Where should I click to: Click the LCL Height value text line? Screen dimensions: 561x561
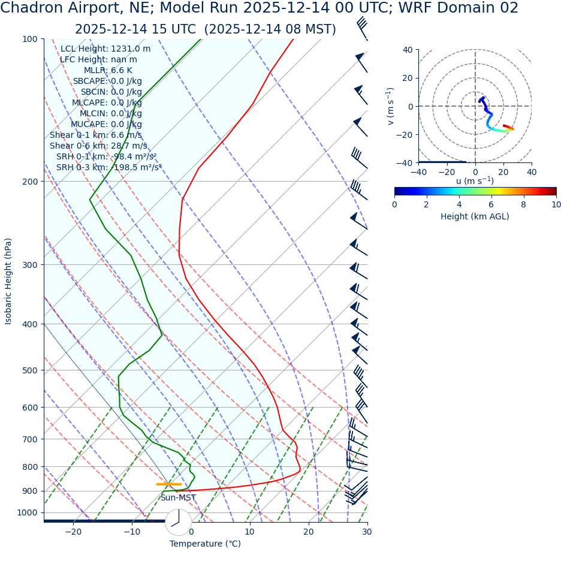pyautogui.click(x=105, y=49)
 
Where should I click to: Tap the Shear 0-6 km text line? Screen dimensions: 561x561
pyautogui.click(x=98, y=146)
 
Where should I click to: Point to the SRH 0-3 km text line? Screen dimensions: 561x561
pyautogui.click(x=109, y=168)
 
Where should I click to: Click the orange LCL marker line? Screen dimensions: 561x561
pyautogui.click(x=168, y=484)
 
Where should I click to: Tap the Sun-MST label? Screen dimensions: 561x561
pyautogui.click(x=178, y=498)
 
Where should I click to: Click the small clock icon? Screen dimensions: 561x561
pyautogui.click(x=178, y=522)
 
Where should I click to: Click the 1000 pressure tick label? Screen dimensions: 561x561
pyautogui.click(x=26, y=513)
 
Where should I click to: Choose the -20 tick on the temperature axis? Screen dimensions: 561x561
pyautogui.click(x=73, y=532)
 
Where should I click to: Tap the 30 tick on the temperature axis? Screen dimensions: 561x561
pyautogui.click(x=367, y=532)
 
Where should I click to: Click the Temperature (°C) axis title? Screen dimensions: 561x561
pyautogui.click(x=205, y=544)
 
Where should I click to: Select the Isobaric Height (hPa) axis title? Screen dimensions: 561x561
pyautogui.click(x=8, y=281)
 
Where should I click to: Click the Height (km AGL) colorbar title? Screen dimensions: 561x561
pyautogui.click(x=475, y=216)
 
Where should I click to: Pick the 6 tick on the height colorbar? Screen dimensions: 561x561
pyautogui.click(x=491, y=204)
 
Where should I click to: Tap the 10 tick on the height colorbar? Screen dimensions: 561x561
pyautogui.click(x=556, y=204)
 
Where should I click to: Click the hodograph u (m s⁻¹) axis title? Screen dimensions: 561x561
pyautogui.click(x=475, y=181)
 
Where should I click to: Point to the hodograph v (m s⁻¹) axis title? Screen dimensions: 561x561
pyautogui.click(x=391, y=106)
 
